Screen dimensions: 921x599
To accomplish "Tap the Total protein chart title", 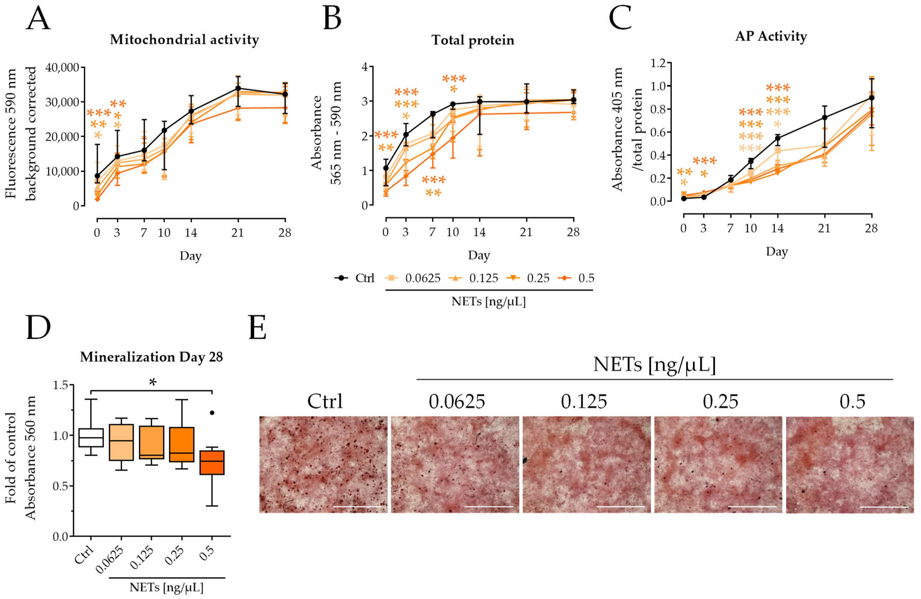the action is [473, 40].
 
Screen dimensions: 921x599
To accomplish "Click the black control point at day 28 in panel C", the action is [871, 98].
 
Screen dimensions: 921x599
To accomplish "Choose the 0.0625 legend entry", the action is [412, 278].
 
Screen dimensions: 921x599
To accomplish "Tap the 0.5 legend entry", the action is [576, 278].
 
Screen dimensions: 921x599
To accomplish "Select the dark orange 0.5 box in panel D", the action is [212, 462].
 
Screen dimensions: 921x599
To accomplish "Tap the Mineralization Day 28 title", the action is [151, 357].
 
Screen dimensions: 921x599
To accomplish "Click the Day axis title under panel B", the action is [479, 255].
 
